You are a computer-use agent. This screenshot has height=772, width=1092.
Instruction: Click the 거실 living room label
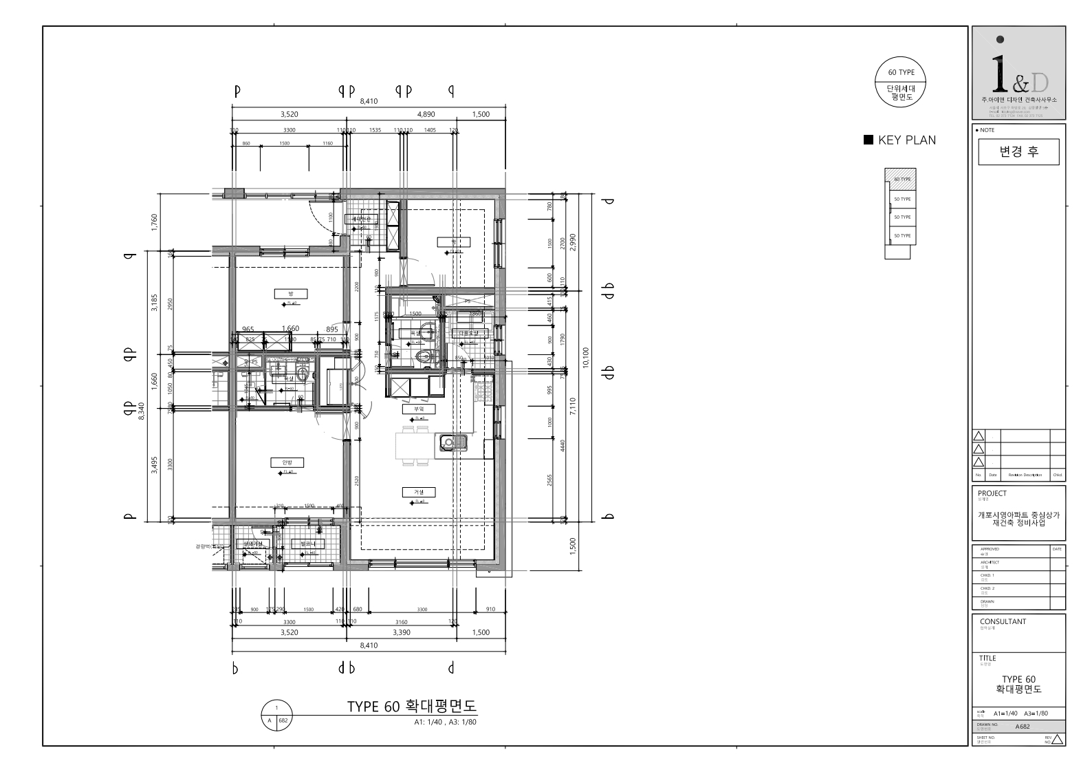click(419, 492)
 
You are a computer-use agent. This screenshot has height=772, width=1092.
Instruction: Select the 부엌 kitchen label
click(415, 409)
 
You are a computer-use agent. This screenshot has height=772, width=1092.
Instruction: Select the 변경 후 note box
click(1018, 152)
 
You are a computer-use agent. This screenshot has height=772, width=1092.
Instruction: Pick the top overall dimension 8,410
click(369, 101)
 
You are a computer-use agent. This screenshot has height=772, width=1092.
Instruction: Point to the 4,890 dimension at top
click(426, 114)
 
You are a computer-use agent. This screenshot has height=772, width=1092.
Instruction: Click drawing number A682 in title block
click(1023, 727)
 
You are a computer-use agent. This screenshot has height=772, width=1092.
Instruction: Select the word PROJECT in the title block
click(992, 493)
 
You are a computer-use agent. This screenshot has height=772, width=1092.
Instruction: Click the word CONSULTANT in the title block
click(1002, 621)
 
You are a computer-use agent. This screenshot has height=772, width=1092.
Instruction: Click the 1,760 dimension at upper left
click(154, 222)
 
